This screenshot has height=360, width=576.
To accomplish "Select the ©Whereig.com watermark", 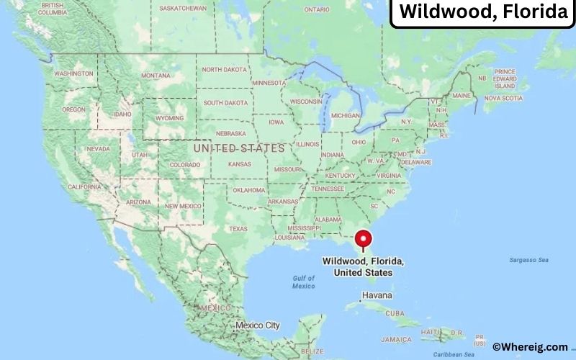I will coord(530,346).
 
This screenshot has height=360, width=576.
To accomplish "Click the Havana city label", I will coord(377,295).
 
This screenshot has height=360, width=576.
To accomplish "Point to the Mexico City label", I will coord(257,325).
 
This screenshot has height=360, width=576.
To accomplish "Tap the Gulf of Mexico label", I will coord(303,282).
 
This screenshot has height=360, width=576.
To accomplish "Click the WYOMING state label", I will coord(170,117).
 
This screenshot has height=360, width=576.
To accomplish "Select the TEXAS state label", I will coord(238,228).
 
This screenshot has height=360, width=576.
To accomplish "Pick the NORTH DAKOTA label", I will coord(223,70).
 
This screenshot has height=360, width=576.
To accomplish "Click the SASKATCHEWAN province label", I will coord(183,9).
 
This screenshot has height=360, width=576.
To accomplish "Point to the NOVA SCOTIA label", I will coord(503,98).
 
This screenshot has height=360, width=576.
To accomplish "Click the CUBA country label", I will coord(395,313).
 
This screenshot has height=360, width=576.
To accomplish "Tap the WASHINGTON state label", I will coord(73,73).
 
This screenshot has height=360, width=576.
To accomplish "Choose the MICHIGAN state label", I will coord(346,115).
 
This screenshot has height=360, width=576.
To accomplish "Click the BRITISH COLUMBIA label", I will coord(52,9).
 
